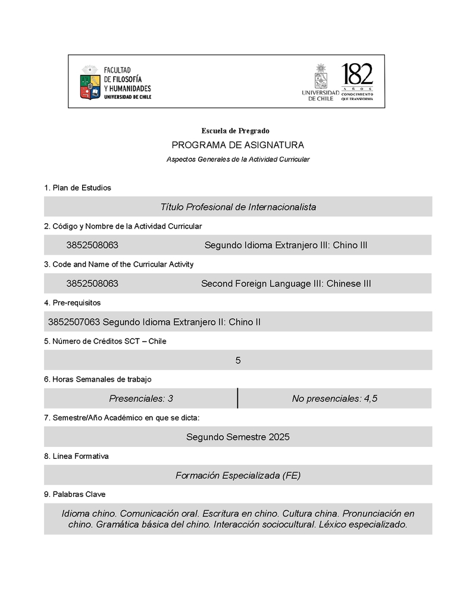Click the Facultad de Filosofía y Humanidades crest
90,82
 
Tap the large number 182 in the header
358,75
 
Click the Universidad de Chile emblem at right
321,76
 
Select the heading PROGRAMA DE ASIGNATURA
238,145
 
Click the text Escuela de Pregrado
236,131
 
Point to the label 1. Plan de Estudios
77,188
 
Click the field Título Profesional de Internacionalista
238,207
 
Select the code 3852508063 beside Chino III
92,245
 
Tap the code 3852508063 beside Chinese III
92,284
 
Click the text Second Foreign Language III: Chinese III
286,284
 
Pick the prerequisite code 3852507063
74,323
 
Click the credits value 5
238,361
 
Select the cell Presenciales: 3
141,399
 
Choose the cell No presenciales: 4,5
334,399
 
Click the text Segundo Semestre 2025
238,437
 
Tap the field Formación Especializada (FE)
238,476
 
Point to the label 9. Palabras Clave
75,495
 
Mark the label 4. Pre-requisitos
73,303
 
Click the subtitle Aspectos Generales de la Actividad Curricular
238,160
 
